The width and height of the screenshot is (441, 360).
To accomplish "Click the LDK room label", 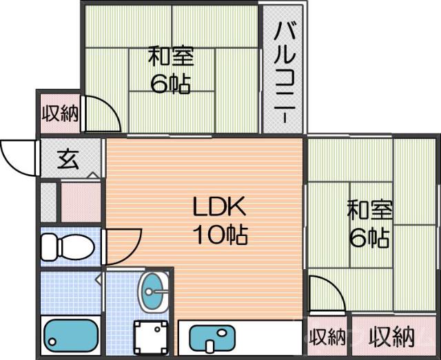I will tap(218, 206).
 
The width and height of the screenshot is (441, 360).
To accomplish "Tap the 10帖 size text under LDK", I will tap(220, 236).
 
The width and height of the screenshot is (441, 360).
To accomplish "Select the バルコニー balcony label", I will tap(283, 72).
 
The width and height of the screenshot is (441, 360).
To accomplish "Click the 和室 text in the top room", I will tap(170, 55).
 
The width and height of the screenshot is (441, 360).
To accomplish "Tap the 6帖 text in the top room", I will tap(170, 84).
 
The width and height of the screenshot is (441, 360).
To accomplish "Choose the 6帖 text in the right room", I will tap(368, 237).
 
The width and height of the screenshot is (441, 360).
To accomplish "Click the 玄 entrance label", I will tap(68, 160).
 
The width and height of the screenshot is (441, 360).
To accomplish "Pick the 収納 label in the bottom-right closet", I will tap(391, 337).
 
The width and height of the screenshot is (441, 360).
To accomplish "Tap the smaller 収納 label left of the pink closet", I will tap(327, 338).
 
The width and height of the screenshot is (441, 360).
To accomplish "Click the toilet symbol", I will tap(67, 245).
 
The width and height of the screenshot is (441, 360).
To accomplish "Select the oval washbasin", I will tap(152, 291).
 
